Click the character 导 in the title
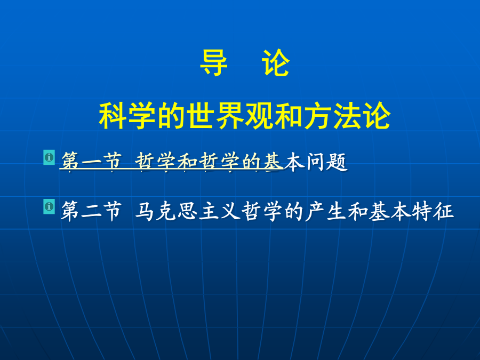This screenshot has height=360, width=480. click(214, 62)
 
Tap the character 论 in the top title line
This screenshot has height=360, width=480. click(276, 62)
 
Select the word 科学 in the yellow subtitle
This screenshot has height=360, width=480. click(127, 116)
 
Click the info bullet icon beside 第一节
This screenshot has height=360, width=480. click(49, 157)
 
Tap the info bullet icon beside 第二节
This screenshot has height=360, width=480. click(49, 206)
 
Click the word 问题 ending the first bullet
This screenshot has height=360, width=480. click(326, 161)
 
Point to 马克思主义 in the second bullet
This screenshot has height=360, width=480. click(188, 211)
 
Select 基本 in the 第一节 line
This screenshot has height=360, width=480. click(284, 161)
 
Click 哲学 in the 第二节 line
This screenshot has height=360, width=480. click(262, 211)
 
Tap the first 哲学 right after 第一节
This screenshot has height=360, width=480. click(156, 161)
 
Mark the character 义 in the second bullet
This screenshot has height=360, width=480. click(230, 211)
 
